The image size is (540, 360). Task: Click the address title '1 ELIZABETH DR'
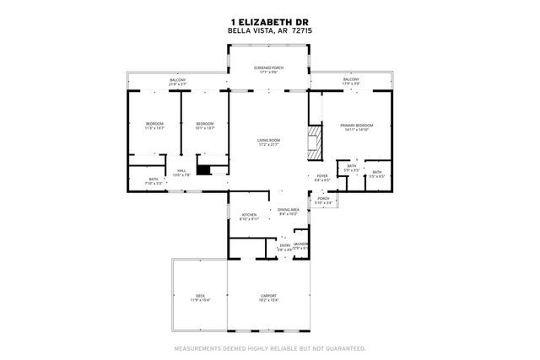pyautogui.click(x=269, y=23)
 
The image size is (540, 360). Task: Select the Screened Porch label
pyautogui.click(x=269, y=69)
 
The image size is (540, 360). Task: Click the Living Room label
pyautogui.click(x=269, y=142)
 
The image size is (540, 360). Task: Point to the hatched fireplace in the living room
pyautogui.click(x=315, y=142)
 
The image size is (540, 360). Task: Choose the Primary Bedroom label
pyautogui.click(x=356, y=127)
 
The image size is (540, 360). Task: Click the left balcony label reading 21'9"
pyautogui.click(x=177, y=82)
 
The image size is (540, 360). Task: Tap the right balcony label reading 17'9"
pyautogui.click(x=351, y=82)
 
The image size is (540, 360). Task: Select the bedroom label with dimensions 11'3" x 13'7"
pyautogui.click(x=154, y=126)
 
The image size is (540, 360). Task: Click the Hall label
pyautogui.click(x=182, y=173)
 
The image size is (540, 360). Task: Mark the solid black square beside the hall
pyautogui.click(x=203, y=169)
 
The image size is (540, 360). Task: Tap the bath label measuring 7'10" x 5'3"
pyautogui.click(x=154, y=180)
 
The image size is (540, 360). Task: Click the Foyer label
pyautogui.click(x=323, y=178)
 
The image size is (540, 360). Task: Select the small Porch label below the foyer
pyautogui.click(x=323, y=201)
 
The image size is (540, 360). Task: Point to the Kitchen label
pyautogui.click(x=249, y=217)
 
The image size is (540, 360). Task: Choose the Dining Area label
pyautogui.click(x=289, y=212)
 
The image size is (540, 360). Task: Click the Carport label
pyautogui.click(x=268, y=297)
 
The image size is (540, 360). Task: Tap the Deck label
pyautogui.click(x=200, y=297)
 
